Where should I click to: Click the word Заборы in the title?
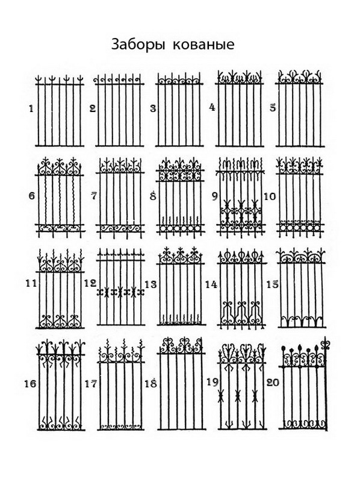(x=137, y=44)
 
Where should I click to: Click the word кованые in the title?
(x=203, y=45)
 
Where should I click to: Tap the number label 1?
(x=31, y=109)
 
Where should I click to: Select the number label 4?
(x=212, y=108)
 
